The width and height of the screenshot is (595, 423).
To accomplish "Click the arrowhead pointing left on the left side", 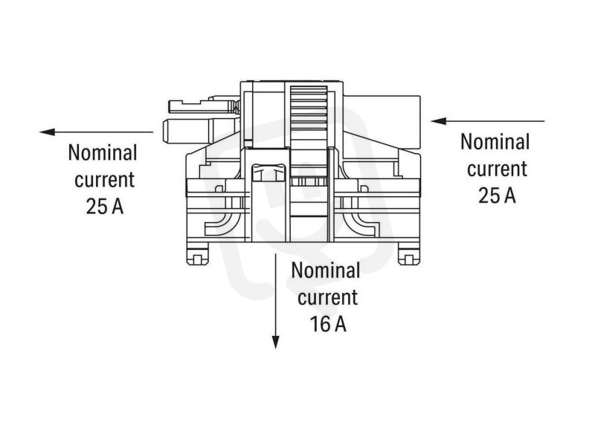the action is pos(47,132).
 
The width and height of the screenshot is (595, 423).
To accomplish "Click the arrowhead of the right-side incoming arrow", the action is pos(438,121).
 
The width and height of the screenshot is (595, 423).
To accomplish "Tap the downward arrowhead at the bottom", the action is pos(276,342).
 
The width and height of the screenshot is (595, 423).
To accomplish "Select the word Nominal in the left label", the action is pos(103,152).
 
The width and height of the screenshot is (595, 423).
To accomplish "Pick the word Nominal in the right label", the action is pos(495,141).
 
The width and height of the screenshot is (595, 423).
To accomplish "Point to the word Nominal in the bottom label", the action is pos(326,271).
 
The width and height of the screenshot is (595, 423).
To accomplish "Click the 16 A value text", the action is pos(328,324).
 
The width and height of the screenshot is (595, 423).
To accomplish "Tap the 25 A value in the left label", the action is pos(105,207).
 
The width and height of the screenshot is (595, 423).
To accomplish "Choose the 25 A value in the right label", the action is pos(497,196).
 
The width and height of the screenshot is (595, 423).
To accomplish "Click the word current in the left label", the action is pos(104,180).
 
